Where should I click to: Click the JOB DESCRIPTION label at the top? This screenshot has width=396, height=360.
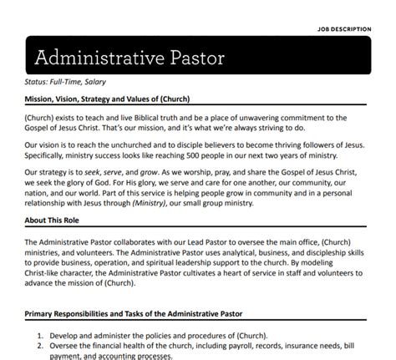point(353,28)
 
